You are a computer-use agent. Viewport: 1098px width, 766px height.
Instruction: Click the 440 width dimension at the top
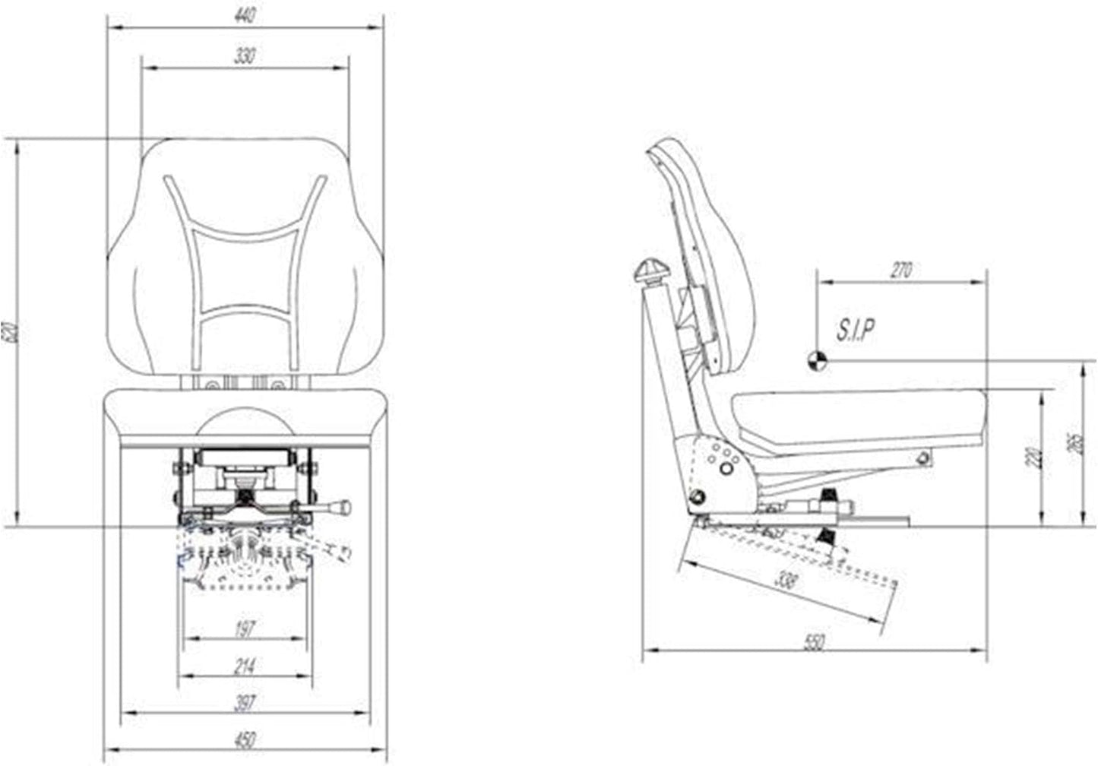tap(245, 15)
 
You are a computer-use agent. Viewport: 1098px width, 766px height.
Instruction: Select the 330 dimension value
tap(245, 56)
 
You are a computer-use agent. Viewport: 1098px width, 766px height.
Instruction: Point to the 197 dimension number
tap(245, 628)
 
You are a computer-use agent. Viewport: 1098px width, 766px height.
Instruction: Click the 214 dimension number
tap(245, 666)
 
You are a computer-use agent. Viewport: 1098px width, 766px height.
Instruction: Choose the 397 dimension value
tap(245, 703)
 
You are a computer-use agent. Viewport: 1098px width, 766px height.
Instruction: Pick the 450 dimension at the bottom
tap(245, 739)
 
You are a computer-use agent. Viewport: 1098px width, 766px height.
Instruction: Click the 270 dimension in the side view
tap(900, 271)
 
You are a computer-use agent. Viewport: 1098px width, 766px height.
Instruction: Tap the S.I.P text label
tap(856, 330)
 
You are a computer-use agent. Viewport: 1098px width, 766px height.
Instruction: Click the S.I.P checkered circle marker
tap(817, 361)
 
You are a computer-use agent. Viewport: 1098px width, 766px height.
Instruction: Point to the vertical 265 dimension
tap(1074, 444)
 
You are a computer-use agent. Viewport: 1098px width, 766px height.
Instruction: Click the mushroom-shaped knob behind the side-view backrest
tap(650, 271)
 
